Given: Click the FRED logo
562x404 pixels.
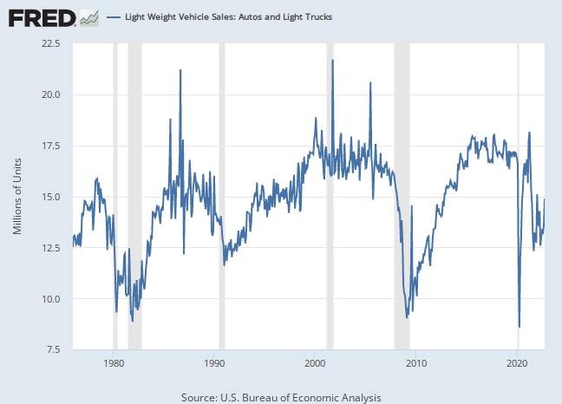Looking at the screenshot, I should click(42, 16).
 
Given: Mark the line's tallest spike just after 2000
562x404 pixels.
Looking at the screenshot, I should click(333, 61).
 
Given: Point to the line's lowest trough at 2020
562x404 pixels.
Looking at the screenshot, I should click(519, 326).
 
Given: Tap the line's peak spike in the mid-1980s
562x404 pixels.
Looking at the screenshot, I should click(180, 70).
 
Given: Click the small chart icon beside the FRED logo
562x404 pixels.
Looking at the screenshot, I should click(88, 16).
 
